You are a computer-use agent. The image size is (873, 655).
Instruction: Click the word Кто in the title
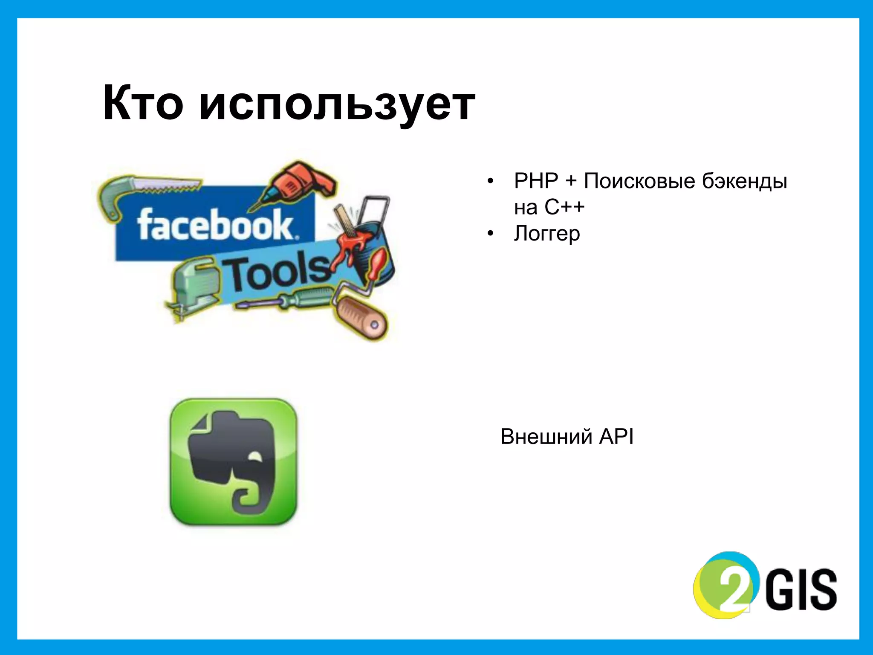tap(143, 104)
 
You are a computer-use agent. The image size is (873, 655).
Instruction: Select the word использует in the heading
tap(337, 104)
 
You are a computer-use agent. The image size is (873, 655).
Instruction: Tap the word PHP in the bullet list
tap(536, 181)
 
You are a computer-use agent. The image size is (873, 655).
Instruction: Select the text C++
tap(564, 208)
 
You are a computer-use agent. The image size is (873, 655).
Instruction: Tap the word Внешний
tap(546, 437)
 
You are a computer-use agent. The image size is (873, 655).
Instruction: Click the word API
tap(616, 437)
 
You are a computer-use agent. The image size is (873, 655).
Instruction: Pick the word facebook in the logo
tap(215, 225)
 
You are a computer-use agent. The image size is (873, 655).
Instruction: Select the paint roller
tap(362, 316)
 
